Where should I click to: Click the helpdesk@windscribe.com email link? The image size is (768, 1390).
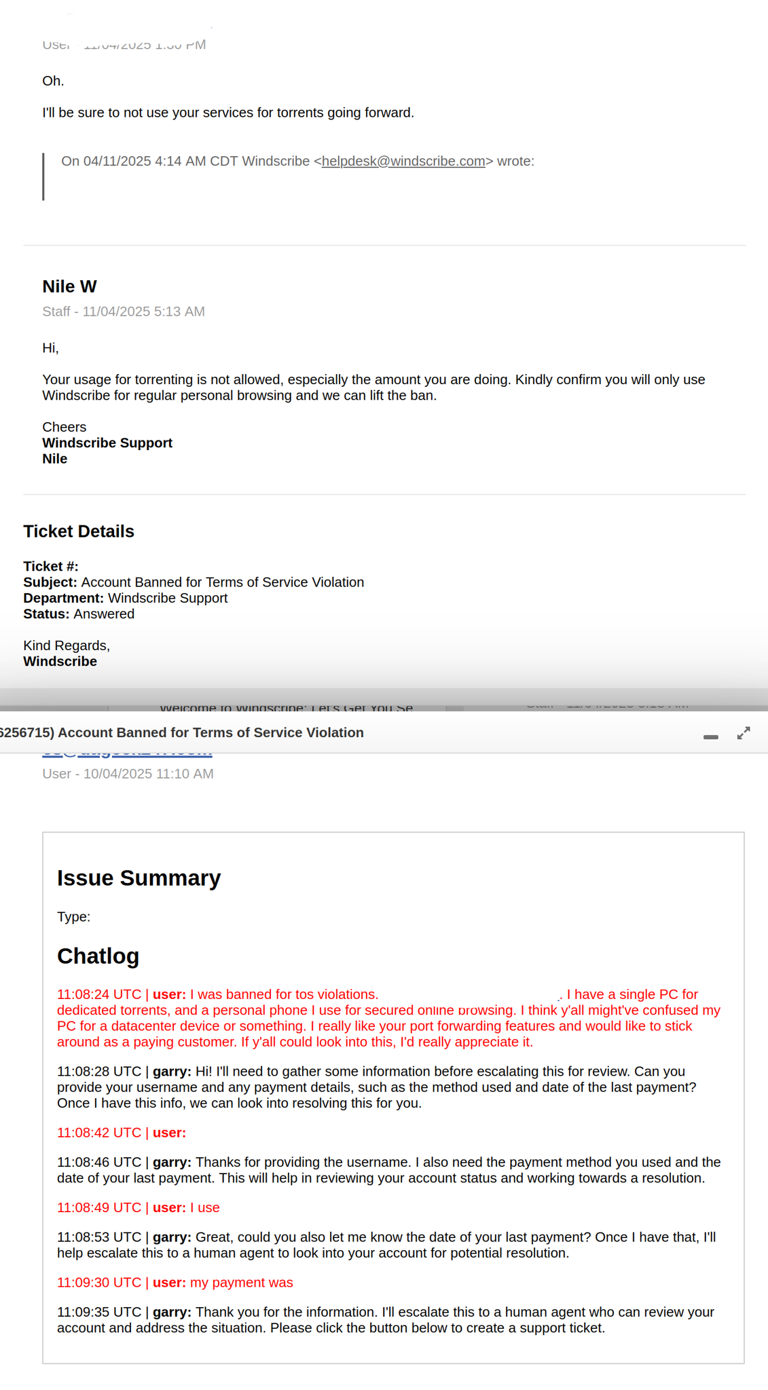(x=403, y=162)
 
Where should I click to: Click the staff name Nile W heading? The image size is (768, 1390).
(x=69, y=286)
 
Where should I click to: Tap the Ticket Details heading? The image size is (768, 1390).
(x=79, y=531)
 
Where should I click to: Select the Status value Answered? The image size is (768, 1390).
(x=104, y=614)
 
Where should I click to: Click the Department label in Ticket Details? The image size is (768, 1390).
(x=63, y=599)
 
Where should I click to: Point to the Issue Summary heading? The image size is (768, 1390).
(x=139, y=878)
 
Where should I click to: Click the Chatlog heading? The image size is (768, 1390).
(x=98, y=956)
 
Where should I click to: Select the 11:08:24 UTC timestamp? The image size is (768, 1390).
(x=99, y=995)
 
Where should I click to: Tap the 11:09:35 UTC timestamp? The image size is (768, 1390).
(x=99, y=1313)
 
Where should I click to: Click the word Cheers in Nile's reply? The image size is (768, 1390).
(x=64, y=428)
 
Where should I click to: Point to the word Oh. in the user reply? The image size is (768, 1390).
(x=53, y=81)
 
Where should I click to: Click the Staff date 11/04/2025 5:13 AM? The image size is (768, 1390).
(x=143, y=312)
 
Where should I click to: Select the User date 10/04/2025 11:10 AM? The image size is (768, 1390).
(x=148, y=774)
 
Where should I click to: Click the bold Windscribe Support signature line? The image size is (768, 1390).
(x=107, y=443)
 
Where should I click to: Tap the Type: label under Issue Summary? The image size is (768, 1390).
(x=73, y=918)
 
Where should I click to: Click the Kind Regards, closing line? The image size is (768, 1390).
(x=67, y=646)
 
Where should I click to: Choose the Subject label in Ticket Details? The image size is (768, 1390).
(x=50, y=583)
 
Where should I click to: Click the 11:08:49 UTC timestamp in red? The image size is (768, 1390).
(x=99, y=1208)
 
